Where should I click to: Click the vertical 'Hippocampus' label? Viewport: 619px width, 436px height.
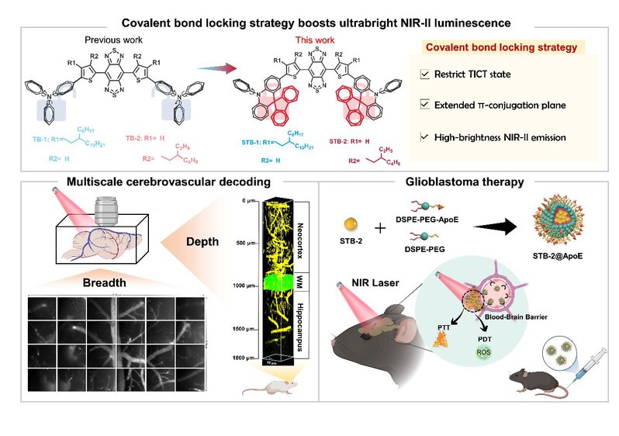300,326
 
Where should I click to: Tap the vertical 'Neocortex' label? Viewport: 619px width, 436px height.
300,228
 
